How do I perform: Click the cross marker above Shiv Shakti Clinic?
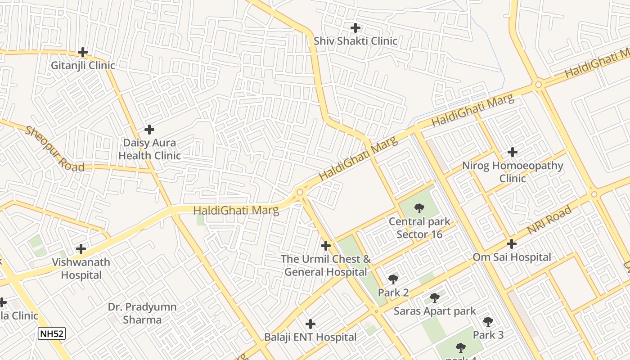click(355, 28)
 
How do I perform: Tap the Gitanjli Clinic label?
click(83, 66)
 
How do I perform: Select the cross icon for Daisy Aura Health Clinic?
click(149, 130)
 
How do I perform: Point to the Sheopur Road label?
click(54, 149)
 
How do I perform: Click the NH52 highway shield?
click(52, 334)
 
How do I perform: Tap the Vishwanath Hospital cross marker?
click(81, 248)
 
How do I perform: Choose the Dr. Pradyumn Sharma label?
click(142, 313)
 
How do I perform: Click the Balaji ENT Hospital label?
click(310, 337)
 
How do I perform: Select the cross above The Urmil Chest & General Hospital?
click(326, 246)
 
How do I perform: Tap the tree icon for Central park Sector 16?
click(419, 208)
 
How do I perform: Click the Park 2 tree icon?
click(393, 279)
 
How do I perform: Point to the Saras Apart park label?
click(435, 311)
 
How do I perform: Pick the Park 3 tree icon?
click(488, 321)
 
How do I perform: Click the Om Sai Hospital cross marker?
click(511, 244)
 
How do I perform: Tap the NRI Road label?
click(549, 220)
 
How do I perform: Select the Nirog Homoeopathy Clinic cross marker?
click(512, 152)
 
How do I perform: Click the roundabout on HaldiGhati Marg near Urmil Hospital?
click(300, 193)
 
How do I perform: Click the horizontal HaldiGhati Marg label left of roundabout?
click(236, 210)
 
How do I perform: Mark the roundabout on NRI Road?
click(594, 194)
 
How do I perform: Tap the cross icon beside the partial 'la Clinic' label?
click(2, 302)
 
